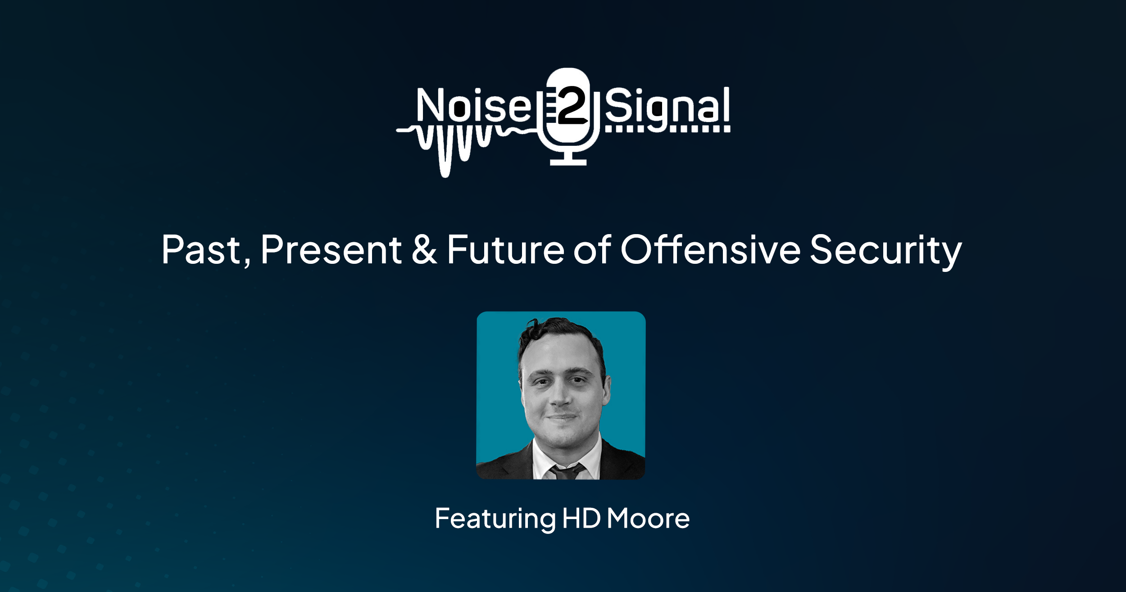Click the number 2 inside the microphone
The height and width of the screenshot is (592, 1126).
tap(571, 104)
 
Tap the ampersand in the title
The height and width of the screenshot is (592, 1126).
tap(424, 249)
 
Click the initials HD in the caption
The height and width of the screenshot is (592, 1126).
tap(581, 518)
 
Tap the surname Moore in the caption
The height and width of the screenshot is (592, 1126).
tap(648, 518)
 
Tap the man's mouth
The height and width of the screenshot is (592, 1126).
tap(561, 416)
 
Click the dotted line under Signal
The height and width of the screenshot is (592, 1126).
tap(667, 129)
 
